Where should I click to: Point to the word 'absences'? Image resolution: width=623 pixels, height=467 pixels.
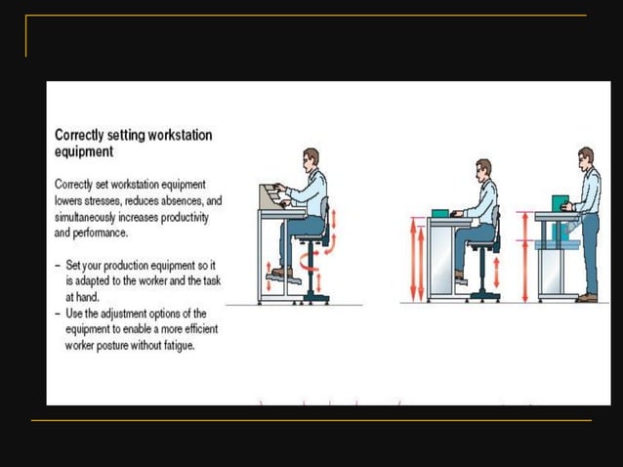click(x=184, y=200)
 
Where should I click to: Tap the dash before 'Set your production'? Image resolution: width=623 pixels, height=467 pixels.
click(x=58, y=264)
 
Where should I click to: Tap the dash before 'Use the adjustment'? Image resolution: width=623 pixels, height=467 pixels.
click(x=58, y=314)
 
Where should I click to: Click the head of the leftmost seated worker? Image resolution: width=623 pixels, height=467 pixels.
click(x=310, y=158)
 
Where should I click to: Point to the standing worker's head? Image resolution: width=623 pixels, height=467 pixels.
click(x=585, y=157)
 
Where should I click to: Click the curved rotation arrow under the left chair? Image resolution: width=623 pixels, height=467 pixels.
click(x=311, y=260)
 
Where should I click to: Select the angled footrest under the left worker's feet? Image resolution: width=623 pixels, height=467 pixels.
click(x=283, y=277)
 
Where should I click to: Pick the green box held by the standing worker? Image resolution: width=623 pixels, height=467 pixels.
click(x=560, y=204)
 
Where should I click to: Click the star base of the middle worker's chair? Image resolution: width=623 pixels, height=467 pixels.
click(x=483, y=294)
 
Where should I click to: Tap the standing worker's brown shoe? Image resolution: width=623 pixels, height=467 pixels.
click(x=586, y=297)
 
